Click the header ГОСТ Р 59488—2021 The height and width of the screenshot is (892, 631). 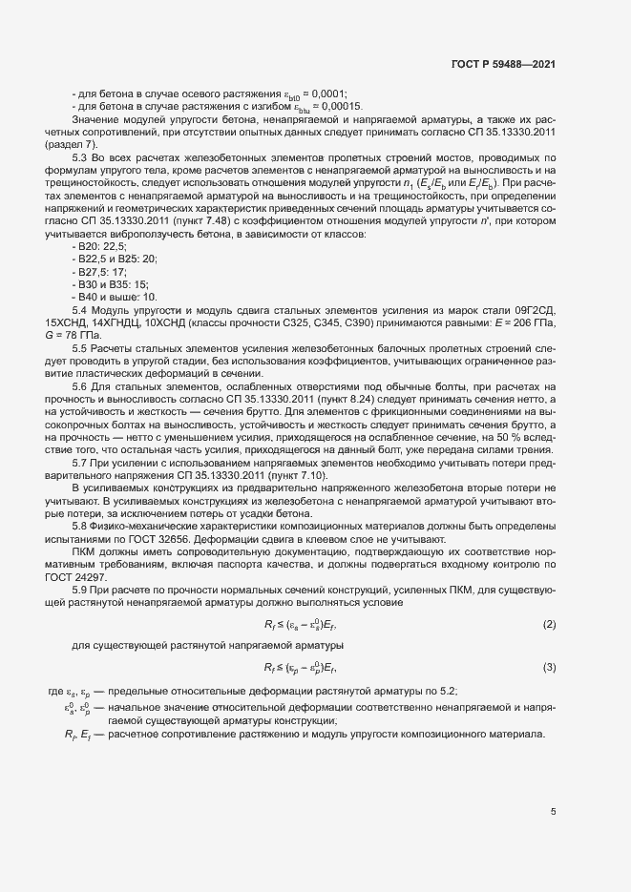503,64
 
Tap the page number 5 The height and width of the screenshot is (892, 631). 553,812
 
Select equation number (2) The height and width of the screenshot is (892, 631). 549,624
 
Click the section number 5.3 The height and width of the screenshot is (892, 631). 80,156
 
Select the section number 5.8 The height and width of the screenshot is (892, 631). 80,526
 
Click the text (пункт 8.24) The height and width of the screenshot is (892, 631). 284,399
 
